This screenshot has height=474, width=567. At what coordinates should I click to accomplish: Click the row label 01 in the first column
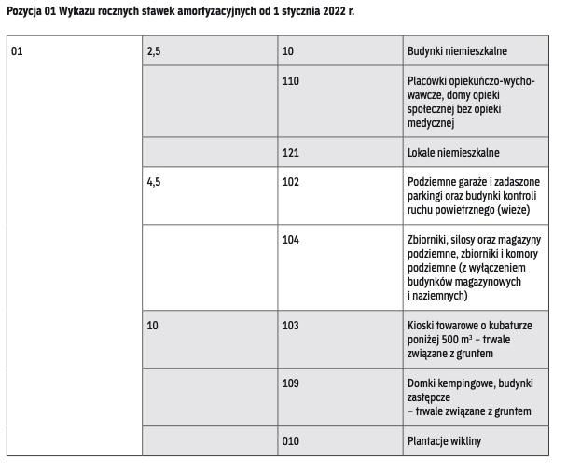[x=16, y=51]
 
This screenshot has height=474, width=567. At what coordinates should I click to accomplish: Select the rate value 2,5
[x=154, y=51]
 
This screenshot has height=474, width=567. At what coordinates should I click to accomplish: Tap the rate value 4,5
[x=154, y=182]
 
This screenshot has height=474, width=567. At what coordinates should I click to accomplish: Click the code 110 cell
[x=290, y=81]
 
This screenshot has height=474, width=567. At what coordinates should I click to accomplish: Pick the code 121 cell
[x=290, y=152]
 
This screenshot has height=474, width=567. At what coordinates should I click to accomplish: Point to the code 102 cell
[x=290, y=182]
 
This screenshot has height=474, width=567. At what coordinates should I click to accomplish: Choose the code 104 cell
[x=290, y=240]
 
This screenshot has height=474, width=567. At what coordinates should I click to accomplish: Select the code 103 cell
[x=290, y=326]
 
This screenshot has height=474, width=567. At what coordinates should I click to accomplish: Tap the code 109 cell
[x=290, y=383]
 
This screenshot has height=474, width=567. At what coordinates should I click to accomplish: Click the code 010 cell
[x=290, y=441]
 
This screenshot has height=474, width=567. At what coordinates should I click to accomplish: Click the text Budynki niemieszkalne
[x=457, y=51]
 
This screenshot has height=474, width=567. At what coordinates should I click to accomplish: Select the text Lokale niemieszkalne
[x=453, y=152]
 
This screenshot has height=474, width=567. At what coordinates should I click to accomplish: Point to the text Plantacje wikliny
[x=444, y=441]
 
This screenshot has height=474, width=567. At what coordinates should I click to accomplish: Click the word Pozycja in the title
[x=21, y=11]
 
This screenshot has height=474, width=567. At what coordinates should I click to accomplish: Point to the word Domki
[x=422, y=383]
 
